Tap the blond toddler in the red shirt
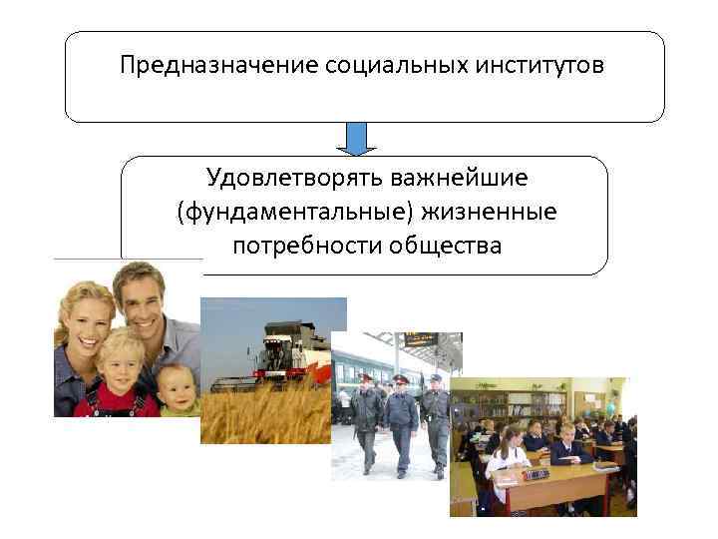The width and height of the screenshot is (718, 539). click(122, 374)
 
